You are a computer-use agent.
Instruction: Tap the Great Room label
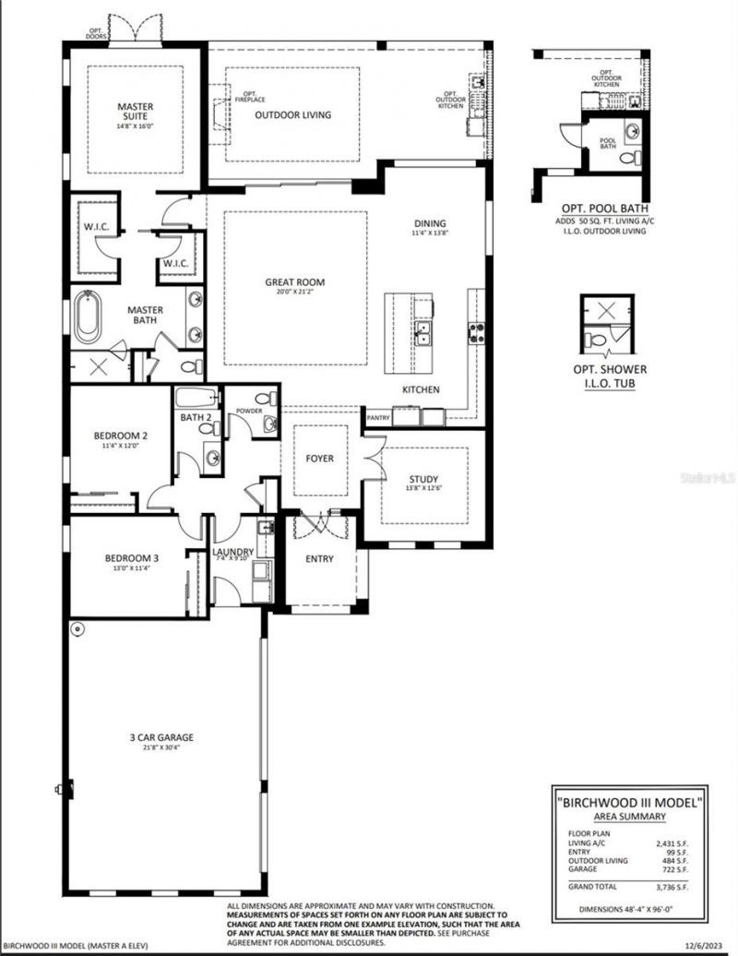click(x=294, y=283)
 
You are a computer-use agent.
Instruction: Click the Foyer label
click(x=320, y=459)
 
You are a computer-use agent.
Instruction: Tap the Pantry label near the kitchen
click(x=377, y=418)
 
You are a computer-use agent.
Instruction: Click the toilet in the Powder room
click(x=268, y=424)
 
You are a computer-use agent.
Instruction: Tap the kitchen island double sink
click(x=424, y=332)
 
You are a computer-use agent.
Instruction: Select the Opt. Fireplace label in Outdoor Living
click(x=250, y=96)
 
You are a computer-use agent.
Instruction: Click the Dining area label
click(x=430, y=223)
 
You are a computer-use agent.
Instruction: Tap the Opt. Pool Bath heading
click(x=603, y=209)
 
